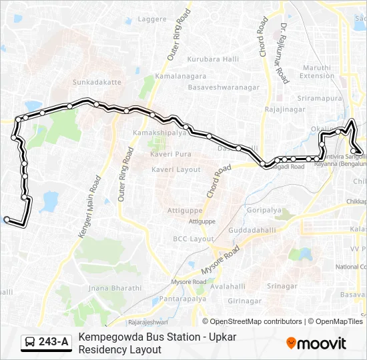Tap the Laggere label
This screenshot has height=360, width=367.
(151, 19)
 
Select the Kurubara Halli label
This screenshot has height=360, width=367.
(213, 59)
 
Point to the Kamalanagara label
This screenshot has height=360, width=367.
(173, 77)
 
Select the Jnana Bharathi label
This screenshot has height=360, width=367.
(115, 288)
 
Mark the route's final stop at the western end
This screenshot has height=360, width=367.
(7, 219)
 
